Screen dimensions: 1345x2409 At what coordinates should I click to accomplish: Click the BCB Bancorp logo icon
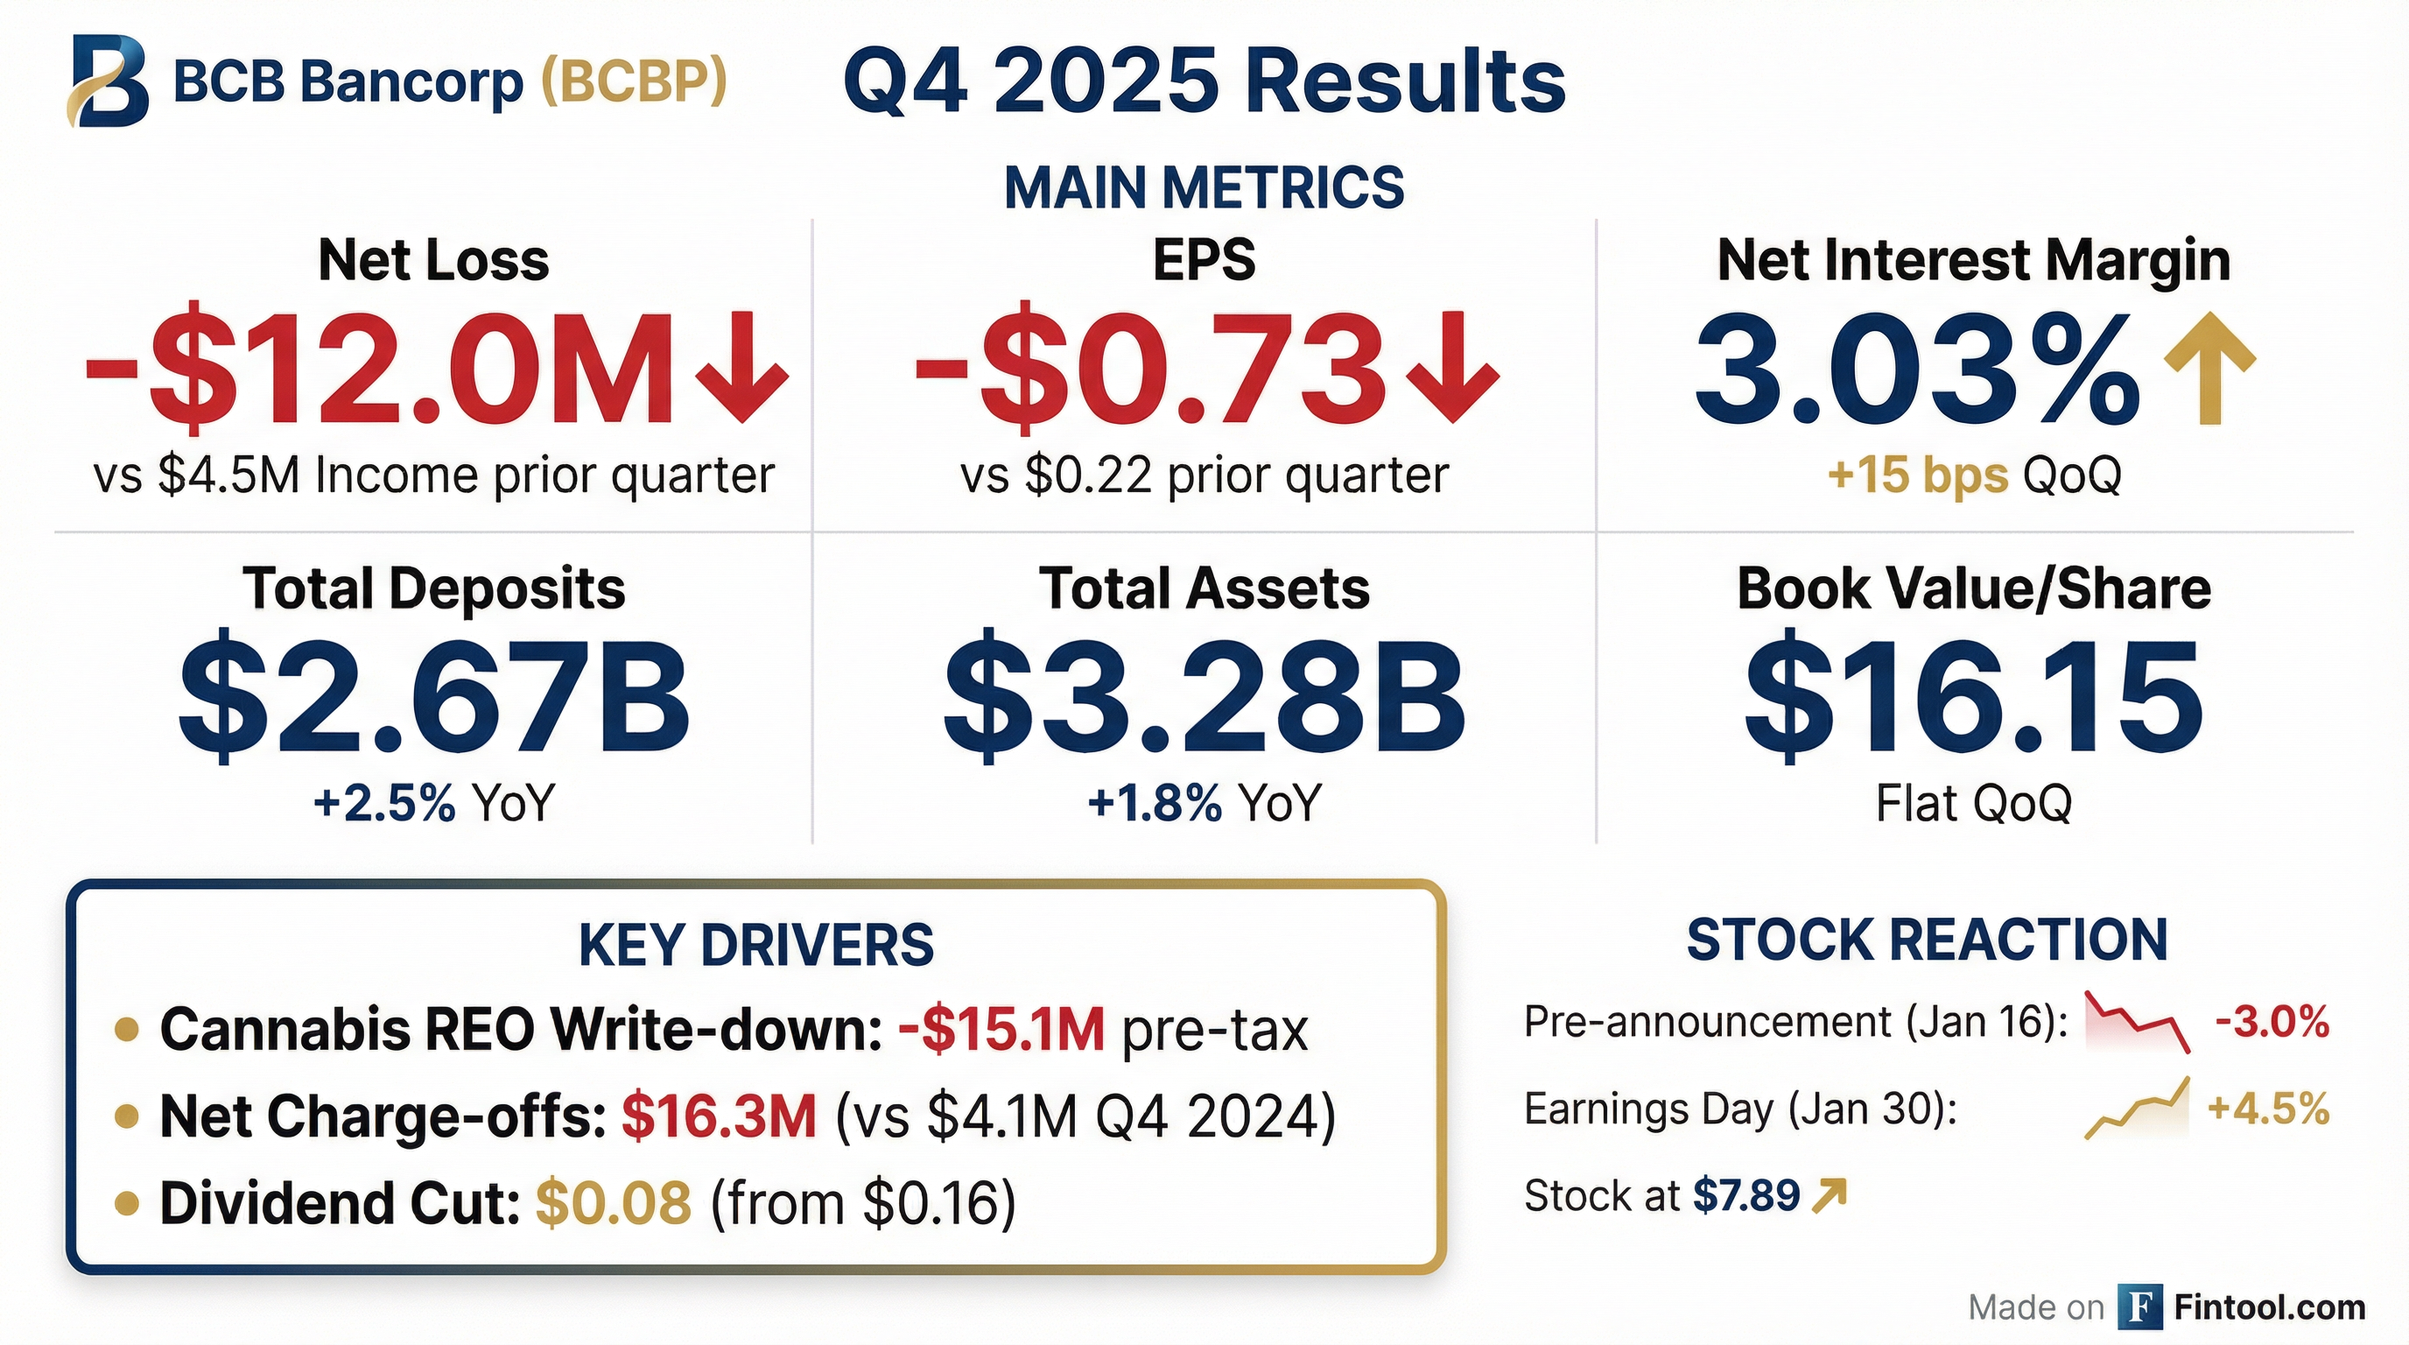coord(108,81)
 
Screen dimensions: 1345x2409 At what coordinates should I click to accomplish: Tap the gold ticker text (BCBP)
coord(634,81)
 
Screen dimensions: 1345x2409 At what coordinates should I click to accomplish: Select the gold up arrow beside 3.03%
coord(2209,368)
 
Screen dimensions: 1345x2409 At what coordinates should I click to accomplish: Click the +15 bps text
coord(1917,475)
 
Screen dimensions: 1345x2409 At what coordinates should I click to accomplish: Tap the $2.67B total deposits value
coord(434,697)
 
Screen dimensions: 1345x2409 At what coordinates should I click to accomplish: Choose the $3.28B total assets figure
coord(1204,697)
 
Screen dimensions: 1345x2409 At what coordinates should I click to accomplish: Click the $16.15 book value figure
coord(1973,697)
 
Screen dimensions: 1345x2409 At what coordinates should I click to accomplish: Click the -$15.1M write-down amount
coord(1001,1030)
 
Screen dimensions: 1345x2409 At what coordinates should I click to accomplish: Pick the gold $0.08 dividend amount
coord(614,1203)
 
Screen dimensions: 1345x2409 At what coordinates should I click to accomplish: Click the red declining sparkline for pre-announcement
coord(2138,1021)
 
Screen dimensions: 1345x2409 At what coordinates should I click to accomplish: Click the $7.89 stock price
coord(1746,1195)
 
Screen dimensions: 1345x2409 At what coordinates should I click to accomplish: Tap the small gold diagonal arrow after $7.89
coord(1830,1194)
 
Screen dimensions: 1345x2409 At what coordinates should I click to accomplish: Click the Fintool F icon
coord(2139,1306)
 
